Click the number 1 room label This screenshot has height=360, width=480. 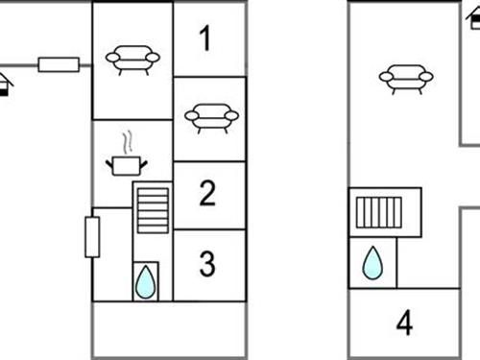205,38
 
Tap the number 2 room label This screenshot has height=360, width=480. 207,193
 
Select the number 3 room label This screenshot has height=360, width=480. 207,263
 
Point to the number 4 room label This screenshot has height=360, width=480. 404,323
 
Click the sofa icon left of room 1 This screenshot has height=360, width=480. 132,60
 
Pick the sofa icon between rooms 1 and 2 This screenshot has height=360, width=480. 211,118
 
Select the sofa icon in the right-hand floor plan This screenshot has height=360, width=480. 406,80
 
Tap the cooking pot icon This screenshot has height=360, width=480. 127,166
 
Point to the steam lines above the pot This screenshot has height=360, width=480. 127,142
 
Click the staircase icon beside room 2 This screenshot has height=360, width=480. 153,210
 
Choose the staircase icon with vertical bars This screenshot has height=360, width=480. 379,212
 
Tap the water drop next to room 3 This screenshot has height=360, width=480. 146,281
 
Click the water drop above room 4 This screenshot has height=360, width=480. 372,262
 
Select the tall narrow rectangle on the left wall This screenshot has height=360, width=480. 92,237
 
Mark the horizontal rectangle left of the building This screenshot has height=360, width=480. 59,64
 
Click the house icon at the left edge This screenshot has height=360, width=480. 5,84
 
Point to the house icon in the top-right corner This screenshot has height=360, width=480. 473,18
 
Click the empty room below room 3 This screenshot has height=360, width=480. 169,329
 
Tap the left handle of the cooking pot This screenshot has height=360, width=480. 109,164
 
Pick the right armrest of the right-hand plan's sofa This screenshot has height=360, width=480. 426,77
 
